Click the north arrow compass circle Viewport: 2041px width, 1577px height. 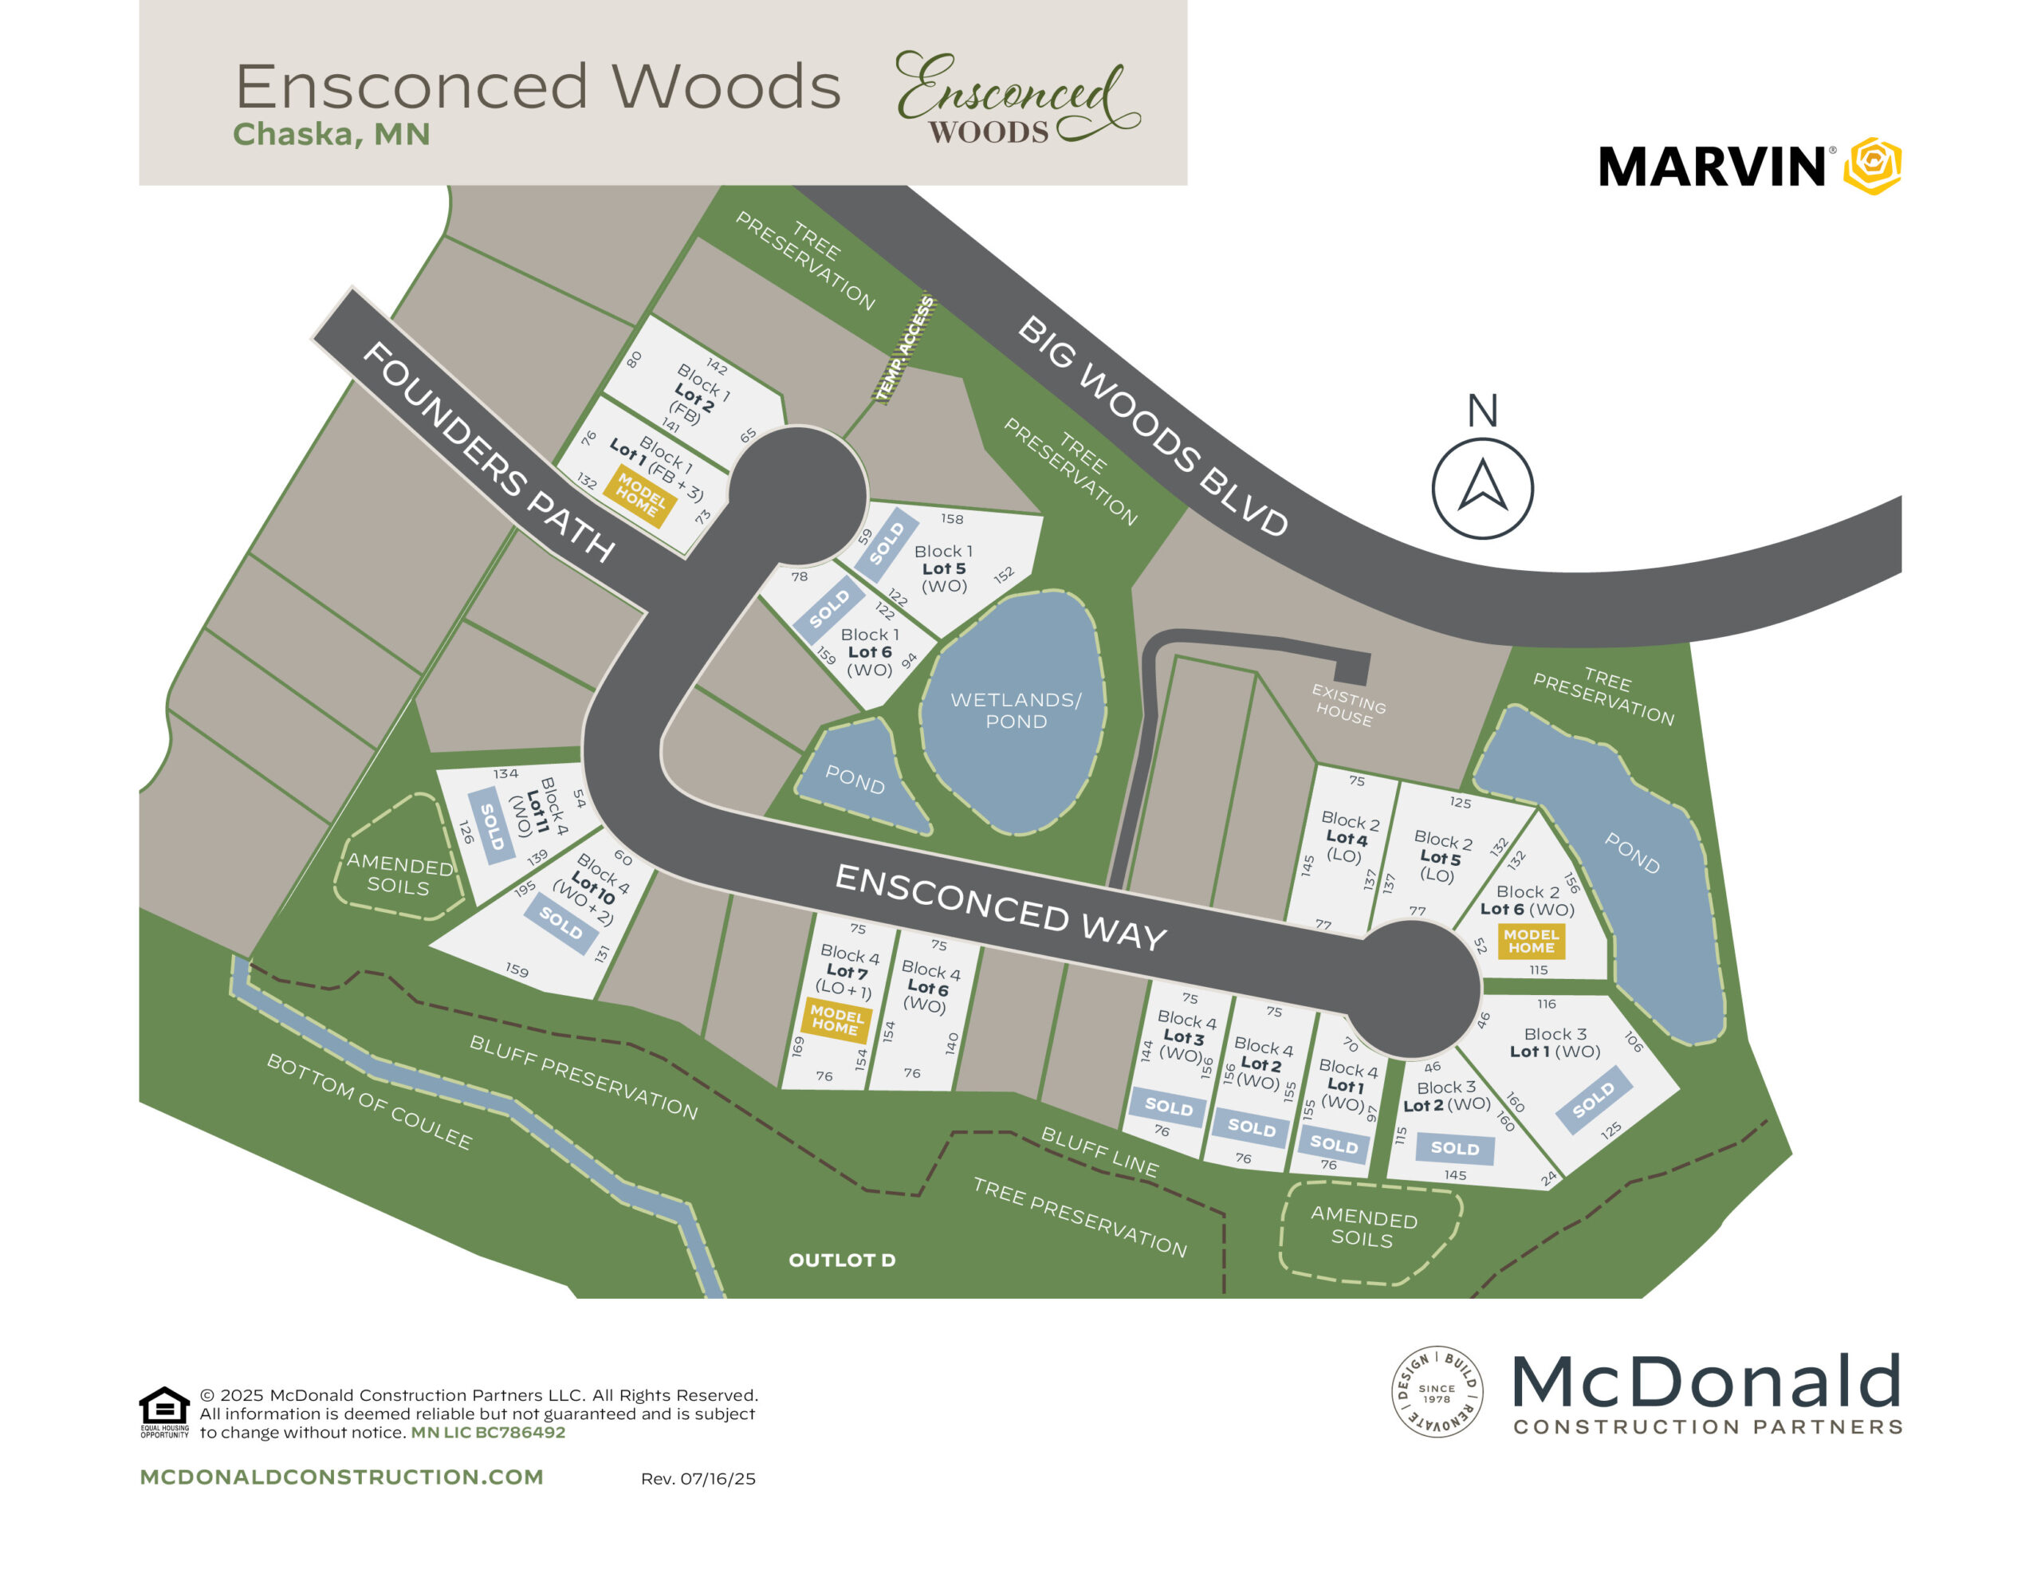pos(1482,488)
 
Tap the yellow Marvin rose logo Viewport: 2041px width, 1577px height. pos(1873,167)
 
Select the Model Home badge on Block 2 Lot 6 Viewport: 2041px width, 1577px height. pos(1531,941)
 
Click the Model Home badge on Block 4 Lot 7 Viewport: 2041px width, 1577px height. pos(836,1020)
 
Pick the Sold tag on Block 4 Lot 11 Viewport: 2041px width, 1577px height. pos(492,826)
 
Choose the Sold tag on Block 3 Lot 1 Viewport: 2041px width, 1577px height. pos(1594,1100)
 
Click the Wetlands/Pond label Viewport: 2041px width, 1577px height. pos(1016,710)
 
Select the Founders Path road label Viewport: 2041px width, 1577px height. pos(488,451)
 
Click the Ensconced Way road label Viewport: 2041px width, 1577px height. pos(1000,906)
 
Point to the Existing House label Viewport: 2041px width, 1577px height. pos(1347,705)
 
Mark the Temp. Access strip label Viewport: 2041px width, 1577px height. pos(905,348)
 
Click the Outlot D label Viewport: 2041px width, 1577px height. pos(842,1260)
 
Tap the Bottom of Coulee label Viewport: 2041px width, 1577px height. pos(369,1101)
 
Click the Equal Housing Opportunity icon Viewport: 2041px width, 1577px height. pos(163,1410)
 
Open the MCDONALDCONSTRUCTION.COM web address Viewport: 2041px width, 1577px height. pos(341,1477)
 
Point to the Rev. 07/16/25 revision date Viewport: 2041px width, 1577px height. pos(698,1479)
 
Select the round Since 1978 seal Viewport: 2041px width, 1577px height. pos(1437,1392)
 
